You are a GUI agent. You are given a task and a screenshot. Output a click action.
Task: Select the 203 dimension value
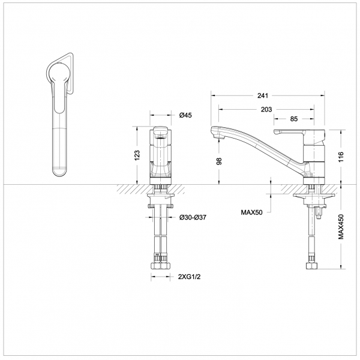267,109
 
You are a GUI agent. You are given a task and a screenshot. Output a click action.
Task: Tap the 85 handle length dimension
293,119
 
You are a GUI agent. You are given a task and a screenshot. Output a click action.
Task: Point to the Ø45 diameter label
185,115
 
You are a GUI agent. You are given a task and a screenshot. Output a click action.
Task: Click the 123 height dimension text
137,155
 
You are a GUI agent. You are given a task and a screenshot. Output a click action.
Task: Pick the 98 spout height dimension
219,161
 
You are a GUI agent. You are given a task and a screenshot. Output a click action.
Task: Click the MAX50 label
253,212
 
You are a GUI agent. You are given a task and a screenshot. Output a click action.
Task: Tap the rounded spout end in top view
61,170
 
